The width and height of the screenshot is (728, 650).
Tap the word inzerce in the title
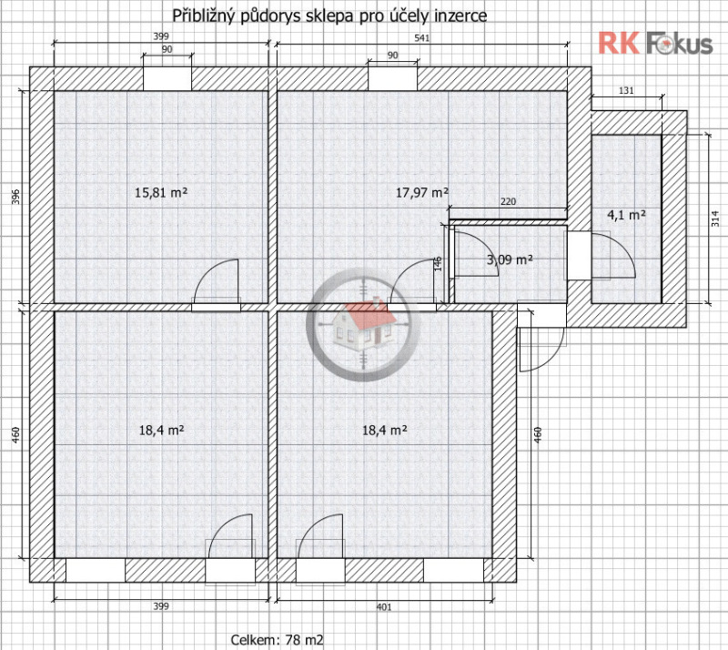[x=460, y=15]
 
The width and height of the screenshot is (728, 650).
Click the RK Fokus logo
[x=655, y=44]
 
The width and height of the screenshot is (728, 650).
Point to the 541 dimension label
[x=421, y=37]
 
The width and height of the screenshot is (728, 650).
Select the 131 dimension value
[x=626, y=91]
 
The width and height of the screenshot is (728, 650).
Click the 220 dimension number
[x=508, y=201]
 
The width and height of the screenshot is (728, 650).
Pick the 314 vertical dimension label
[x=716, y=218]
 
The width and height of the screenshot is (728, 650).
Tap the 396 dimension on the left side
[x=15, y=198]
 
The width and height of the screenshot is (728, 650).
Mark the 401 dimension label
[x=384, y=607]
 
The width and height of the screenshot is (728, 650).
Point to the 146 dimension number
[x=438, y=263]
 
